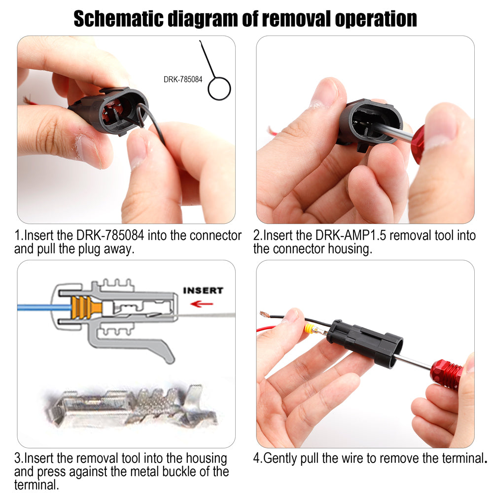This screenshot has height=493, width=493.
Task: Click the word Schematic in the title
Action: (x=119, y=19)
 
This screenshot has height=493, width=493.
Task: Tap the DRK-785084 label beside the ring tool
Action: (x=183, y=79)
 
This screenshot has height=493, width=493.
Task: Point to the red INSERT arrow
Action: (x=202, y=304)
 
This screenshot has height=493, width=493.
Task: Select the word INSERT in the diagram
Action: (x=203, y=290)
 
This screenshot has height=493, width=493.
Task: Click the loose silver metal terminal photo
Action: (x=132, y=407)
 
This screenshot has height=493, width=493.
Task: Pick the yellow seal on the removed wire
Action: (x=309, y=329)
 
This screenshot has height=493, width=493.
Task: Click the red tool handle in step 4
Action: (x=447, y=373)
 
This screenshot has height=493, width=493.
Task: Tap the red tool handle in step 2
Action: (x=421, y=143)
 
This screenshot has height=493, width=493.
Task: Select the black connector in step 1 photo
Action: (x=110, y=110)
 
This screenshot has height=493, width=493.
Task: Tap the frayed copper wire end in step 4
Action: (x=266, y=314)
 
